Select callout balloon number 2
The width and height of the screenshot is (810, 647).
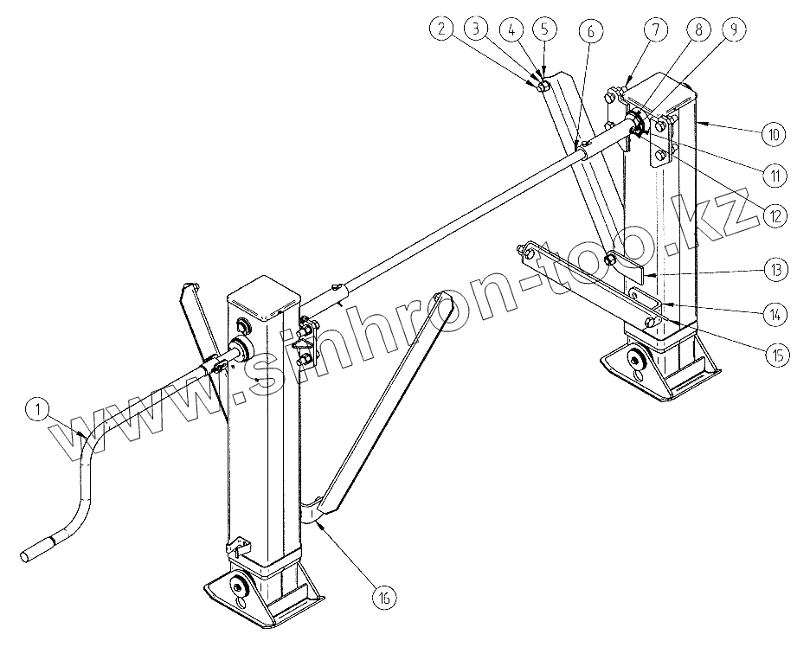(443, 29)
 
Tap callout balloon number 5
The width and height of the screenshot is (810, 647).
(543, 29)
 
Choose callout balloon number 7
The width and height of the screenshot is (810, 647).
(655, 29)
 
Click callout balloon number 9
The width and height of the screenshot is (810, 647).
(733, 29)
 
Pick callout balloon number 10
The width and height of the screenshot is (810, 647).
(774, 134)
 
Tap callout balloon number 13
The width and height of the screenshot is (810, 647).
(775, 270)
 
